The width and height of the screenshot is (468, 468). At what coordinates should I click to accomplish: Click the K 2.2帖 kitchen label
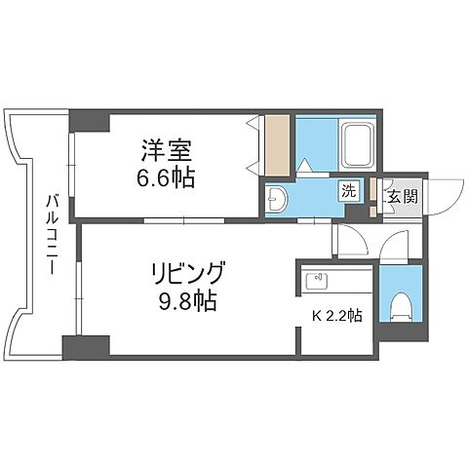coord(336,315)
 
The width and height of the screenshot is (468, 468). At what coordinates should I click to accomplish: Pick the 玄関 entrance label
coord(402,196)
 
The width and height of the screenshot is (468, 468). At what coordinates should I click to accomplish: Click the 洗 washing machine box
coord(347,190)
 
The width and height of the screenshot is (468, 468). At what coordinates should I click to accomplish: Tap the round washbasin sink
coord(277,199)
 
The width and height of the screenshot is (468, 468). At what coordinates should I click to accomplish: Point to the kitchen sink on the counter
coord(316,281)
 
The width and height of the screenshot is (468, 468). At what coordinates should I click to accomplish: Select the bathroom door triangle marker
coord(305,167)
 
